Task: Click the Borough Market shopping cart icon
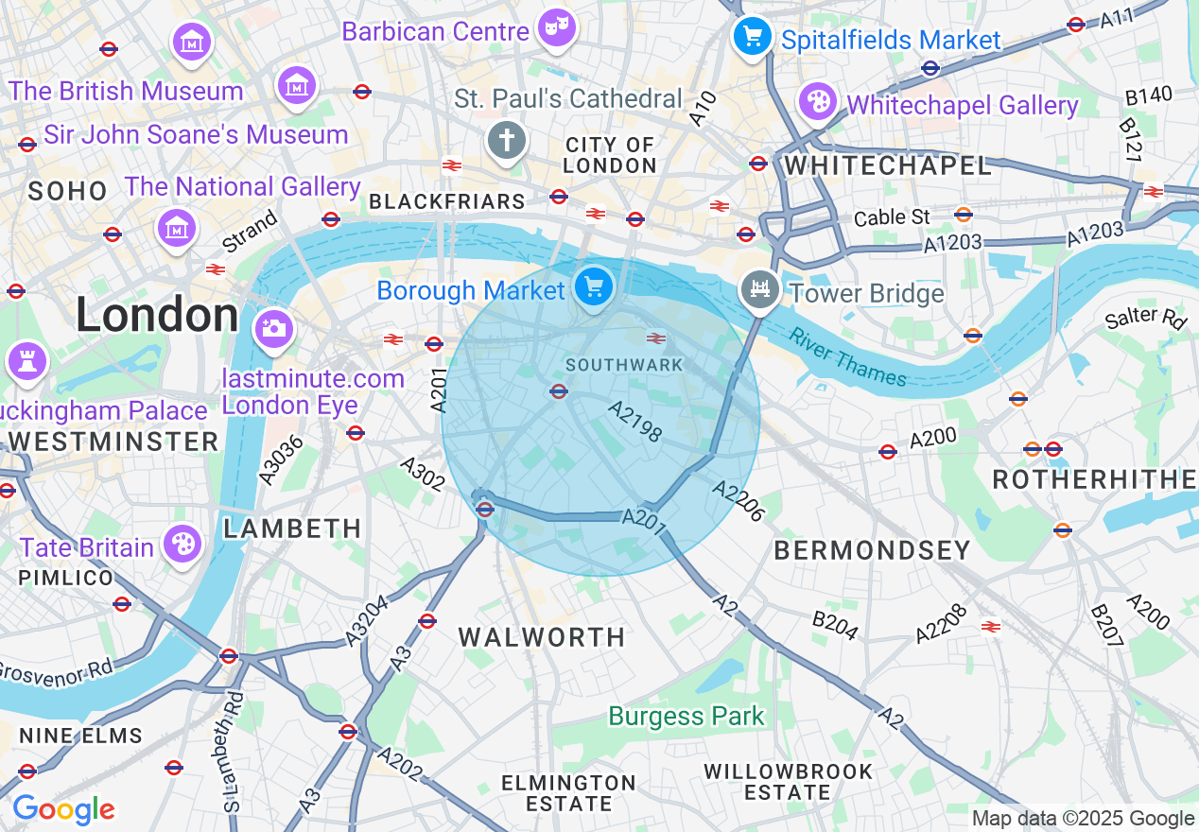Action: pos(593,286)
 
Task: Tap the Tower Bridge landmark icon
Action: pos(758,287)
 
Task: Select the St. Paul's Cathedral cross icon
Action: pos(506,141)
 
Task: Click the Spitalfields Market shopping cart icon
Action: pos(753,37)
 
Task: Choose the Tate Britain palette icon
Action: pos(182,545)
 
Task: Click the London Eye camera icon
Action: pos(273,328)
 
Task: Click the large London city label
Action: pos(157,315)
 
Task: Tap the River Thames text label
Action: pos(848,356)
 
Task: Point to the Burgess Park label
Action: pos(686,716)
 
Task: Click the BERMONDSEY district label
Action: pos(872,550)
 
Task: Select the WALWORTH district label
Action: pos(542,637)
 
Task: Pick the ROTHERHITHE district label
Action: pos(1094,479)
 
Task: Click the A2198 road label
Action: pos(635,422)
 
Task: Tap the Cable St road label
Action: pos(892,217)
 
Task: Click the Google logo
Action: pos(63,809)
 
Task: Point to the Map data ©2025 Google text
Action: pos(1083,819)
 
